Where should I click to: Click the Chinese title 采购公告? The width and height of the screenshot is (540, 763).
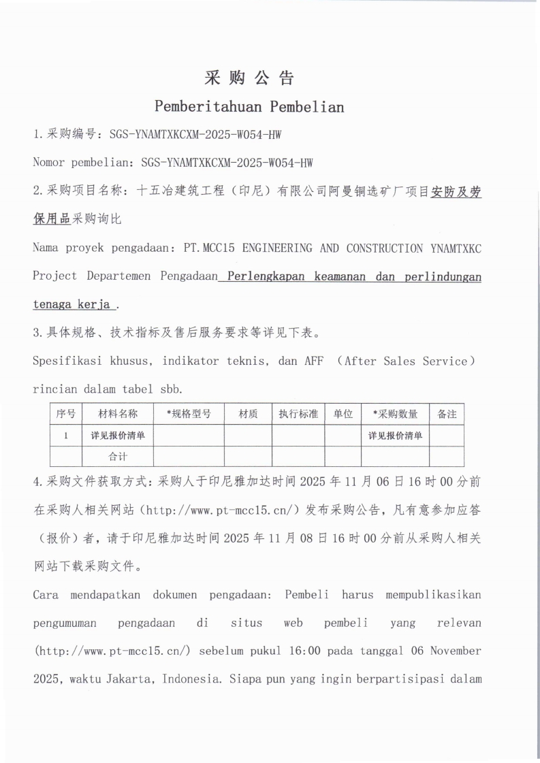point(249,78)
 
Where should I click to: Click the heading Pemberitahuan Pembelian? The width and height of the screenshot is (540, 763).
point(249,107)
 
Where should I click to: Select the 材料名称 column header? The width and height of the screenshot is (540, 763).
point(118,414)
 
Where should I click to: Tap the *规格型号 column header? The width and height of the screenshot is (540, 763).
point(189,414)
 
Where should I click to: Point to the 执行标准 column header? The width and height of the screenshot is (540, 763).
point(298,414)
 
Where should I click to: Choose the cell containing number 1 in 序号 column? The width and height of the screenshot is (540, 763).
point(65,436)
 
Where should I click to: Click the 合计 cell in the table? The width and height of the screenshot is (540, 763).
point(118,457)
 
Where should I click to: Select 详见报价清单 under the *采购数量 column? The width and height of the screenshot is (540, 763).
point(395,436)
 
